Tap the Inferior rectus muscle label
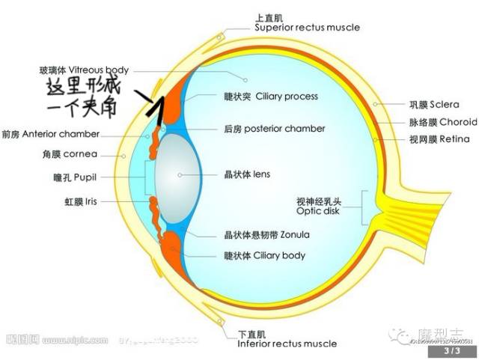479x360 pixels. click(287, 339)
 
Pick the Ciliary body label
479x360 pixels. click(265, 255)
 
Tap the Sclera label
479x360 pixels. click(424, 105)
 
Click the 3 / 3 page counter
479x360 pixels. click(451, 350)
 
